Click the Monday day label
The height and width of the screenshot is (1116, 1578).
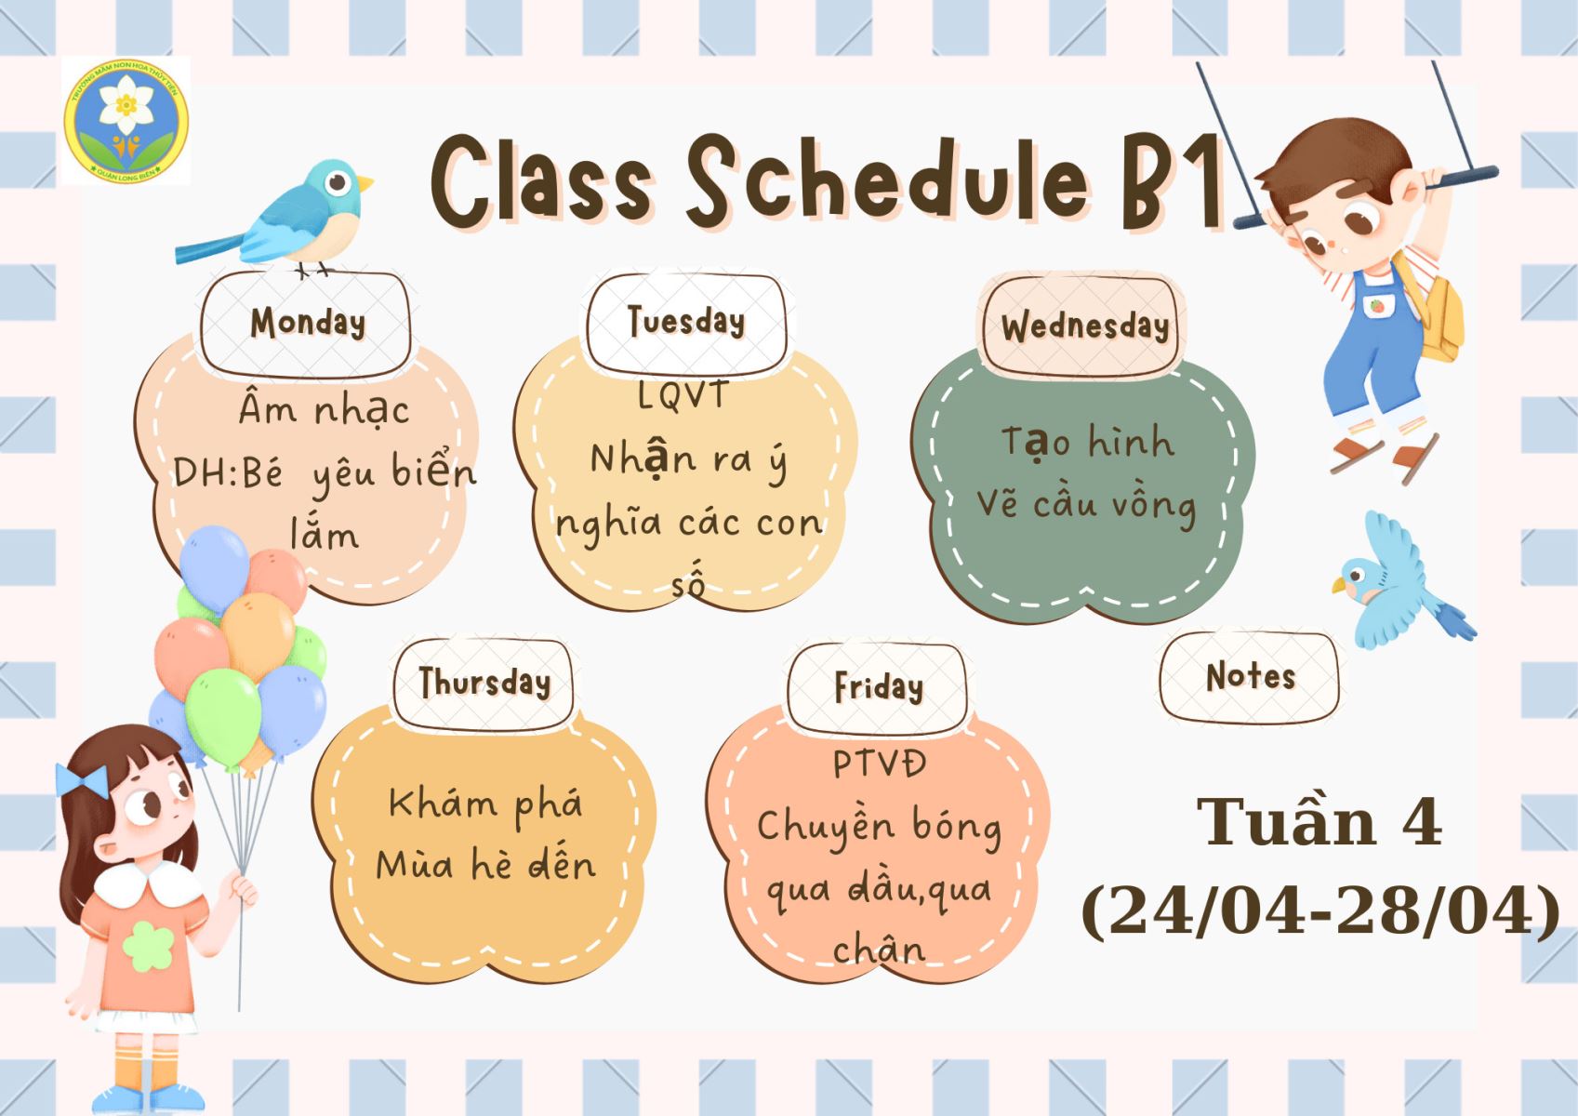(308, 324)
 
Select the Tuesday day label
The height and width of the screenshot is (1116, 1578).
(686, 321)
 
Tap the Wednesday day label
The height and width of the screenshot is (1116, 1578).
(1085, 326)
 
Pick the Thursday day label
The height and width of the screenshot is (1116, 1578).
(484, 682)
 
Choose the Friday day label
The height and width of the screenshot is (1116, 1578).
(879, 687)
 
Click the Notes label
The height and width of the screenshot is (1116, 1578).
(1251, 676)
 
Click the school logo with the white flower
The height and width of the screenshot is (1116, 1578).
(126, 121)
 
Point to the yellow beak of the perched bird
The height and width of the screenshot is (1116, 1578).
(365, 183)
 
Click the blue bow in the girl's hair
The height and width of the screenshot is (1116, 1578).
(82, 780)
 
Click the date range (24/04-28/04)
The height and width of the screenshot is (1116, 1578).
(1320, 911)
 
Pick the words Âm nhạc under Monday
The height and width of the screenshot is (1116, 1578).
(324, 408)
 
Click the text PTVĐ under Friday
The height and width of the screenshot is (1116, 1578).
(879, 764)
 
